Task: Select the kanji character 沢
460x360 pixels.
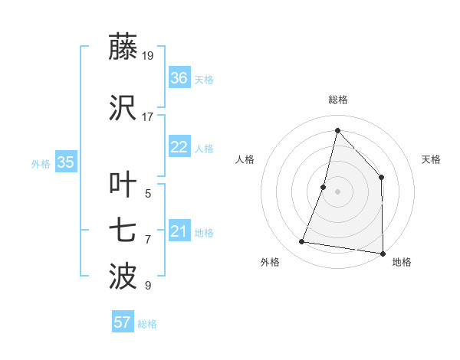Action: [123, 106]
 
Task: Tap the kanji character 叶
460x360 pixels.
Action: [123, 185]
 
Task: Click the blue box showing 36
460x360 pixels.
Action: [179, 78]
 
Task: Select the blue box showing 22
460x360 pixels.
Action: [179, 148]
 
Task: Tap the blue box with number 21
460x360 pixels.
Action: [179, 231]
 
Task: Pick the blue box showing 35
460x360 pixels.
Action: [66, 162]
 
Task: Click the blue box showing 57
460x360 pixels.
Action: [123, 322]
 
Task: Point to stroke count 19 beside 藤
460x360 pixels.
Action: [149, 55]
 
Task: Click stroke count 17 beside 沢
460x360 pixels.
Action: [148, 116]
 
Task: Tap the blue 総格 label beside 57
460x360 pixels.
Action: [147, 324]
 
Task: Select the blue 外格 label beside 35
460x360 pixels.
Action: [41, 163]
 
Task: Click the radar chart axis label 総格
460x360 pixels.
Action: [338, 100]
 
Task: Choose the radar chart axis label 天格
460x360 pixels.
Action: [431, 159]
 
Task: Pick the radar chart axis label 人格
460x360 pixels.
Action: [245, 159]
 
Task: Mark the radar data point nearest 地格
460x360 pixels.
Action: [383, 253]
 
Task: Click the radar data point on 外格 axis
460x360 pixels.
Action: [302, 242]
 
